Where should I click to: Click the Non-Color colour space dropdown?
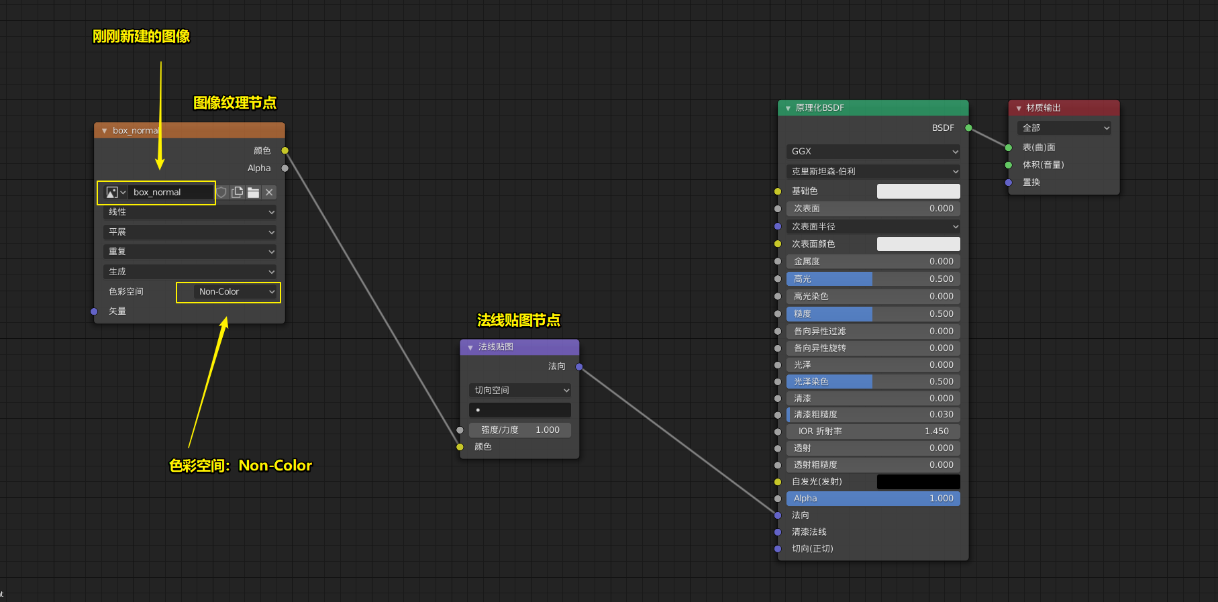(236, 292)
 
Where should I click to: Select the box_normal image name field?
(170, 193)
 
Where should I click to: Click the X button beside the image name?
(269, 193)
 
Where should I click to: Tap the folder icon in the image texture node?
(253, 193)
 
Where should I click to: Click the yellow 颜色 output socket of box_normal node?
(285, 150)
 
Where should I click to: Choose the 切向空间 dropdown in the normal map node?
(520, 391)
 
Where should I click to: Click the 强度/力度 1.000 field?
(520, 430)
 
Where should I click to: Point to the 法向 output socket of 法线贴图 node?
(579, 366)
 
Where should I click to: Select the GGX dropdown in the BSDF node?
(873, 152)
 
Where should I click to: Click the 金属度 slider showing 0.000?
(873, 262)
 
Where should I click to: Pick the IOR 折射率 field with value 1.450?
(873, 432)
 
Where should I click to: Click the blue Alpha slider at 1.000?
(873, 499)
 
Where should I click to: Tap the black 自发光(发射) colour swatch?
(918, 482)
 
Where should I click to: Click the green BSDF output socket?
(968, 128)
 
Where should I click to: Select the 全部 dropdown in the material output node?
(1064, 128)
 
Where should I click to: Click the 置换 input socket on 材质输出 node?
(1009, 183)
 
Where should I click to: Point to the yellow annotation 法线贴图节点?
(518, 320)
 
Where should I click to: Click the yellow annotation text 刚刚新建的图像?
(141, 36)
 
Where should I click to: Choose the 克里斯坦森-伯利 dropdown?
(873, 172)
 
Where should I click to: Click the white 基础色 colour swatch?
(918, 191)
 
